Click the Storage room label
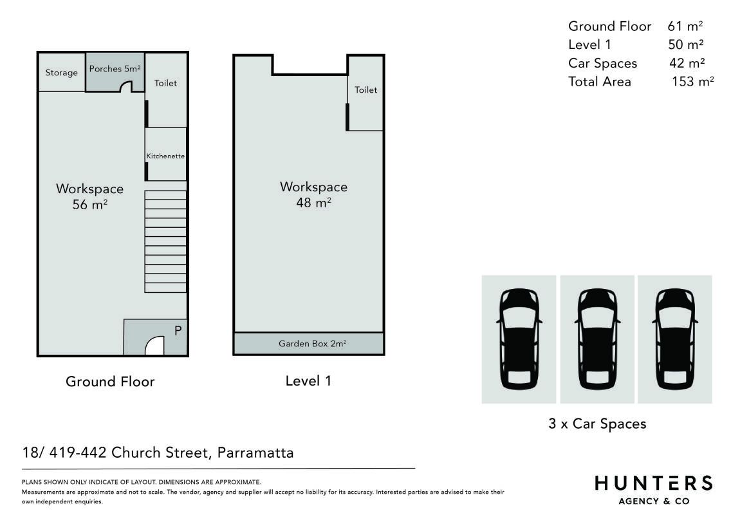(x=61, y=73)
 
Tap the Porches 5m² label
(x=115, y=69)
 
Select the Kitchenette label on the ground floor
(x=165, y=156)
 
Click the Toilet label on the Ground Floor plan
(x=165, y=83)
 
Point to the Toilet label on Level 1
(x=365, y=89)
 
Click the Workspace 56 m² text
(x=89, y=196)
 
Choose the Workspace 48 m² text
(x=314, y=194)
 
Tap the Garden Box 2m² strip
(x=309, y=344)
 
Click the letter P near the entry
(x=178, y=330)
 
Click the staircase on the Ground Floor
(x=165, y=241)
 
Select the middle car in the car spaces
(x=598, y=339)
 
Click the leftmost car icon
(x=519, y=339)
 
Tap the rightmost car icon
(x=675, y=339)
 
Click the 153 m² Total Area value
(x=693, y=81)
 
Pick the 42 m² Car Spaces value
(x=687, y=63)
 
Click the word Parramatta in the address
(x=255, y=453)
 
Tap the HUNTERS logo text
(x=654, y=483)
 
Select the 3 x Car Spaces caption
(x=597, y=424)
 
